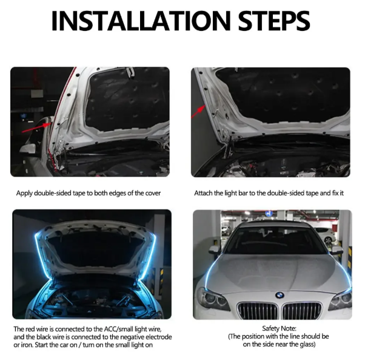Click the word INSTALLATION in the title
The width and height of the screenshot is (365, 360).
[x=141, y=21]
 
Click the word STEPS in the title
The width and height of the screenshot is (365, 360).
[x=274, y=21]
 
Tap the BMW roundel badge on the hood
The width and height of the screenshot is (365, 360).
[x=280, y=295]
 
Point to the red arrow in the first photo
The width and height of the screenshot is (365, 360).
[x=36, y=127]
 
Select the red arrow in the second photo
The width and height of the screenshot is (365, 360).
[x=198, y=112]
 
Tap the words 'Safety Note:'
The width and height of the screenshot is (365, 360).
[x=279, y=328]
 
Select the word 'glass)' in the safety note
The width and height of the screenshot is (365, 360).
[x=307, y=344]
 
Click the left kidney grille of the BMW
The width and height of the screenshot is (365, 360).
[x=258, y=311]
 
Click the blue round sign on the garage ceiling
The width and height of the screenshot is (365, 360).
[x=269, y=214]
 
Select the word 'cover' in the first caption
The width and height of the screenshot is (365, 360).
[x=153, y=193]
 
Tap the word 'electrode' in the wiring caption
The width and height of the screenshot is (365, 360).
[x=159, y=337]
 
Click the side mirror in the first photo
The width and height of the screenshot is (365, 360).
[x=28, y=148]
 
